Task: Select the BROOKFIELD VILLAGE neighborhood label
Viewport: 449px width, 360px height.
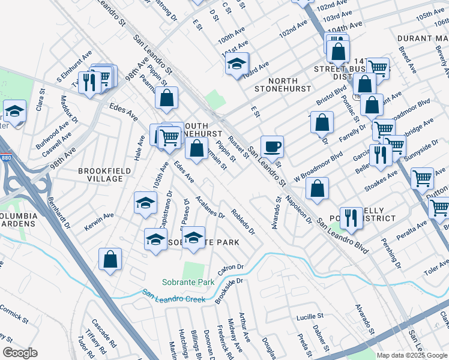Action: point(104,175)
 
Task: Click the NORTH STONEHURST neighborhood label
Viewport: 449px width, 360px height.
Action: point(282,85)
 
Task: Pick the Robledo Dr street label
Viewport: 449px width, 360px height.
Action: point(243,223)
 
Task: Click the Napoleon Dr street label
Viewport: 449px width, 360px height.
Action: point(298,208)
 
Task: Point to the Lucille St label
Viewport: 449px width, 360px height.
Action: point(310,316)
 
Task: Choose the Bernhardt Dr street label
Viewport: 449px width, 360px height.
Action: point(59,214)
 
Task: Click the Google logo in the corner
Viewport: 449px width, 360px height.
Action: point(20,353)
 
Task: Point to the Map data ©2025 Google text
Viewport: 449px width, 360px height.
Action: point(412,355)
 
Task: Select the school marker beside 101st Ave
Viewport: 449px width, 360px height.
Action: point(237,62)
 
